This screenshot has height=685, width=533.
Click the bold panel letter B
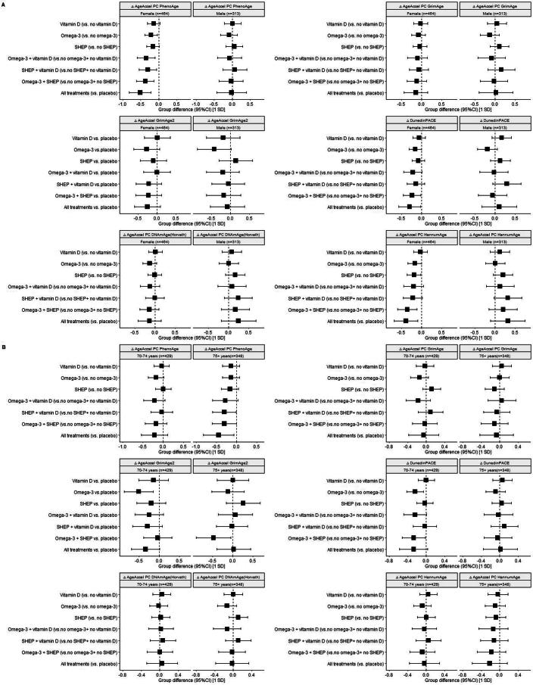coord(4,348)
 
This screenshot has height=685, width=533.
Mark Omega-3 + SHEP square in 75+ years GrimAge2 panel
coord(214,538)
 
